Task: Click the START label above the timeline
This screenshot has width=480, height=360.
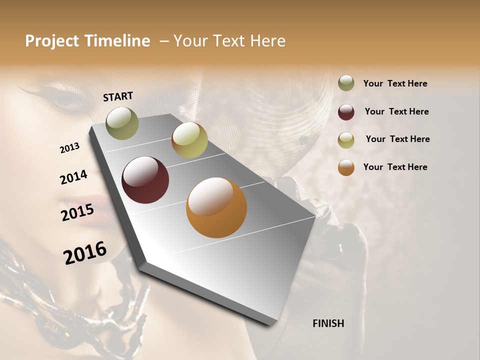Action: pos(118,96)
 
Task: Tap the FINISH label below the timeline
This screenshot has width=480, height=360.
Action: pos(328,323)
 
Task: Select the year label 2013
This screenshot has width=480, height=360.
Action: pos(70,148)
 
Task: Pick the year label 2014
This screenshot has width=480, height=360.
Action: pos(73,177)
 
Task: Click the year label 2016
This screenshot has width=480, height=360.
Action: pos(85,253)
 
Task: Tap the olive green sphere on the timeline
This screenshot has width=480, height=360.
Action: pos(122,123)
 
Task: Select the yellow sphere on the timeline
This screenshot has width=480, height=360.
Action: pos(189,140)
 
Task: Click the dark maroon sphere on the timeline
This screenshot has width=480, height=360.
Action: pos(145,180)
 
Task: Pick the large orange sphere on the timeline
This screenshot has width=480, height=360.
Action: pos(216,207)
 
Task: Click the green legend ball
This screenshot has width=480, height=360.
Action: pos(346,83)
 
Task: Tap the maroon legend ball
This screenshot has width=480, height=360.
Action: pos(346,112)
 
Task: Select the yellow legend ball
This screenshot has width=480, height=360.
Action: pos(346,140)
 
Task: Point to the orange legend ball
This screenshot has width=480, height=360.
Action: pos(346,167)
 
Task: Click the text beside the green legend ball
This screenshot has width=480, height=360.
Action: pos(395,84)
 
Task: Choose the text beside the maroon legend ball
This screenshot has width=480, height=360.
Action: pos(396,111)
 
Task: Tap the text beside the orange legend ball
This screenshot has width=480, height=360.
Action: pos(395,167)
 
